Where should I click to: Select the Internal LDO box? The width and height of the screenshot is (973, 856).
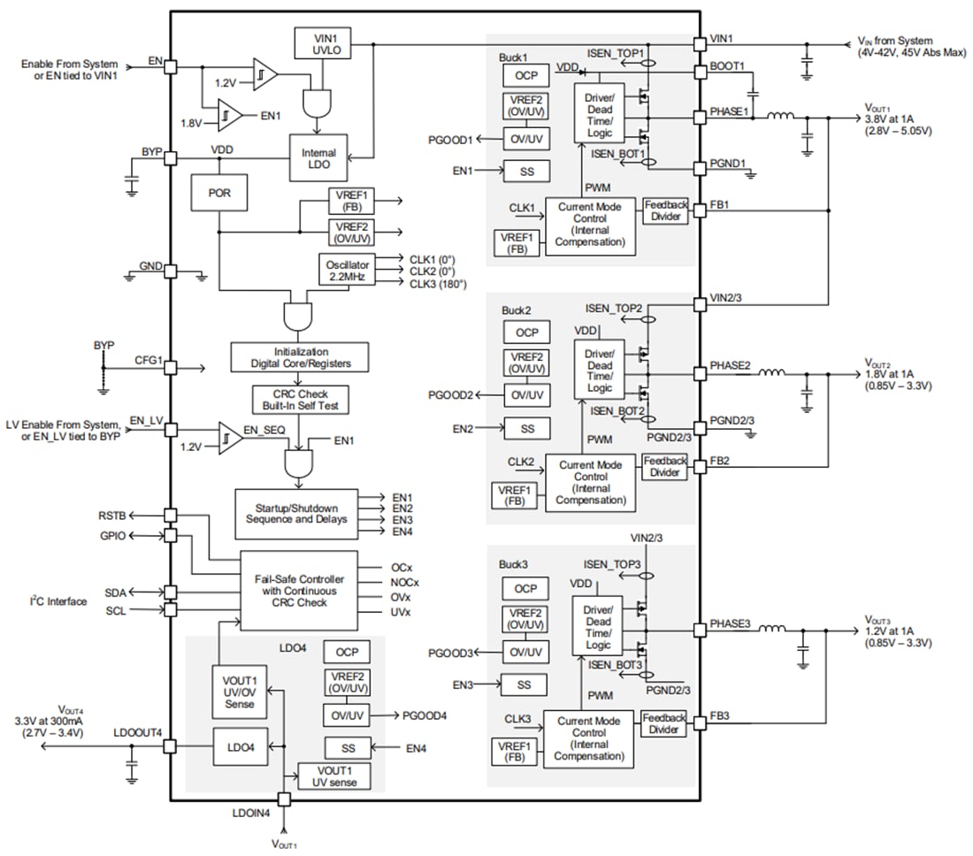[318, 159]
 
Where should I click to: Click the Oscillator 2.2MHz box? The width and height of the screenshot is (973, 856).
[347, 270]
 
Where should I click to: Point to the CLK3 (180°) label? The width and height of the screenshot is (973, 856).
[437, 283]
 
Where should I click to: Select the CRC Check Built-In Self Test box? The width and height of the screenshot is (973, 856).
[301, 399]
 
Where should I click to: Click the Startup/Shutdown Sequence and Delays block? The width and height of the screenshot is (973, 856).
[296, 514]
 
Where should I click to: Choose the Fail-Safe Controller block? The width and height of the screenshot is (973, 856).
[299, 591]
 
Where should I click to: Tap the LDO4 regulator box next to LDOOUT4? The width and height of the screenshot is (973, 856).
[240, 747]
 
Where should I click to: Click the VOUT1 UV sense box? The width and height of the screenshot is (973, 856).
[333, 776]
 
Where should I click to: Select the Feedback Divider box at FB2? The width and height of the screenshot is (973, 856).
[664, 467]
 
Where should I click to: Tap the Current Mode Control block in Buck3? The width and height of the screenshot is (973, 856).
[588, 739]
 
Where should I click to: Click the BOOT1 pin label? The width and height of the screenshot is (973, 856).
[726, 66]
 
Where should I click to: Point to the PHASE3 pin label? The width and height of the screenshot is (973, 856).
[730, 624]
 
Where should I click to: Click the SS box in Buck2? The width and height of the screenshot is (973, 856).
[527, 429]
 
